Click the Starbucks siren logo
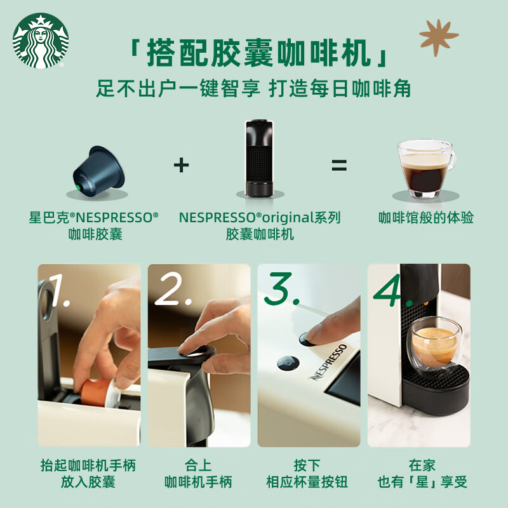tap(40, 41)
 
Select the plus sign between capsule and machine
tap(182, 166)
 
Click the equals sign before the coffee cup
tap(339, 166)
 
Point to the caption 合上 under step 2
tap(198, 465)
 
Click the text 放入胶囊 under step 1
tap(88, 482)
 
